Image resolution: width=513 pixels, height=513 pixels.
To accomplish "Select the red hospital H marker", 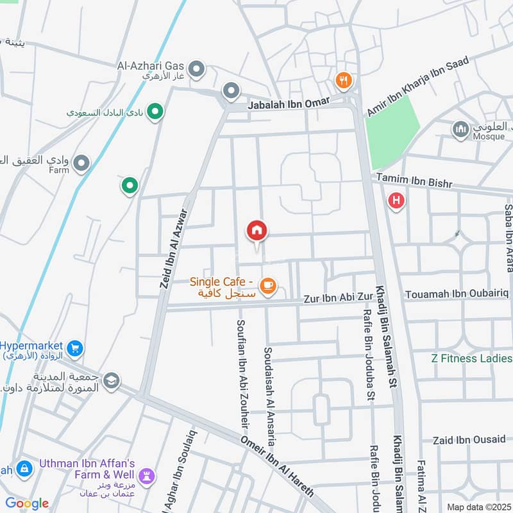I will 397,201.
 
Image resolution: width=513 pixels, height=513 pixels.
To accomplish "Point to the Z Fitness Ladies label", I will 471,358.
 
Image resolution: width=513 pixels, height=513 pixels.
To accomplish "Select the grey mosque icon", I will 460,130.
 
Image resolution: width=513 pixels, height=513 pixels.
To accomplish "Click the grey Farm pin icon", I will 81,164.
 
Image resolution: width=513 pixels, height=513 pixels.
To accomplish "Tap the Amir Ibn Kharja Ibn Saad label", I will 417,86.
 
